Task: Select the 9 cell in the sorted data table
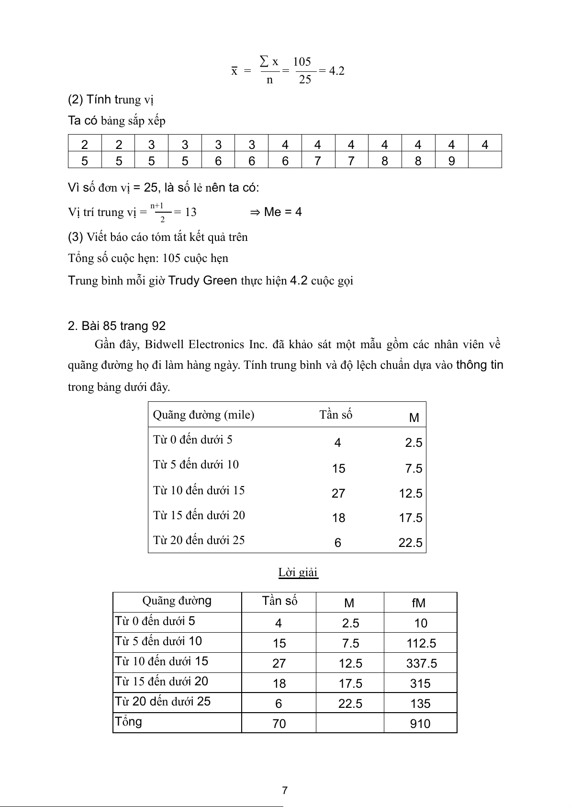click(451, 161)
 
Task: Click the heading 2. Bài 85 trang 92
click(117, 326)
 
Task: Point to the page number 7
click(285, 790)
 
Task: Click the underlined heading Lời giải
click(298, 572)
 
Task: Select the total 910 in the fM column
click(420, 724)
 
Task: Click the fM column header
click(418, 603)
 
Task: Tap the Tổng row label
click(128, 721)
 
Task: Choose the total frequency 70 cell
click(279, 724)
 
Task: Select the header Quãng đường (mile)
click(203, 415)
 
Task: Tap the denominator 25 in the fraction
click(305, 80)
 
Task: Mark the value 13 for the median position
click(190, 212)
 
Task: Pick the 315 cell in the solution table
click(420, 683)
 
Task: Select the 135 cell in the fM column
click(420, 704)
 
